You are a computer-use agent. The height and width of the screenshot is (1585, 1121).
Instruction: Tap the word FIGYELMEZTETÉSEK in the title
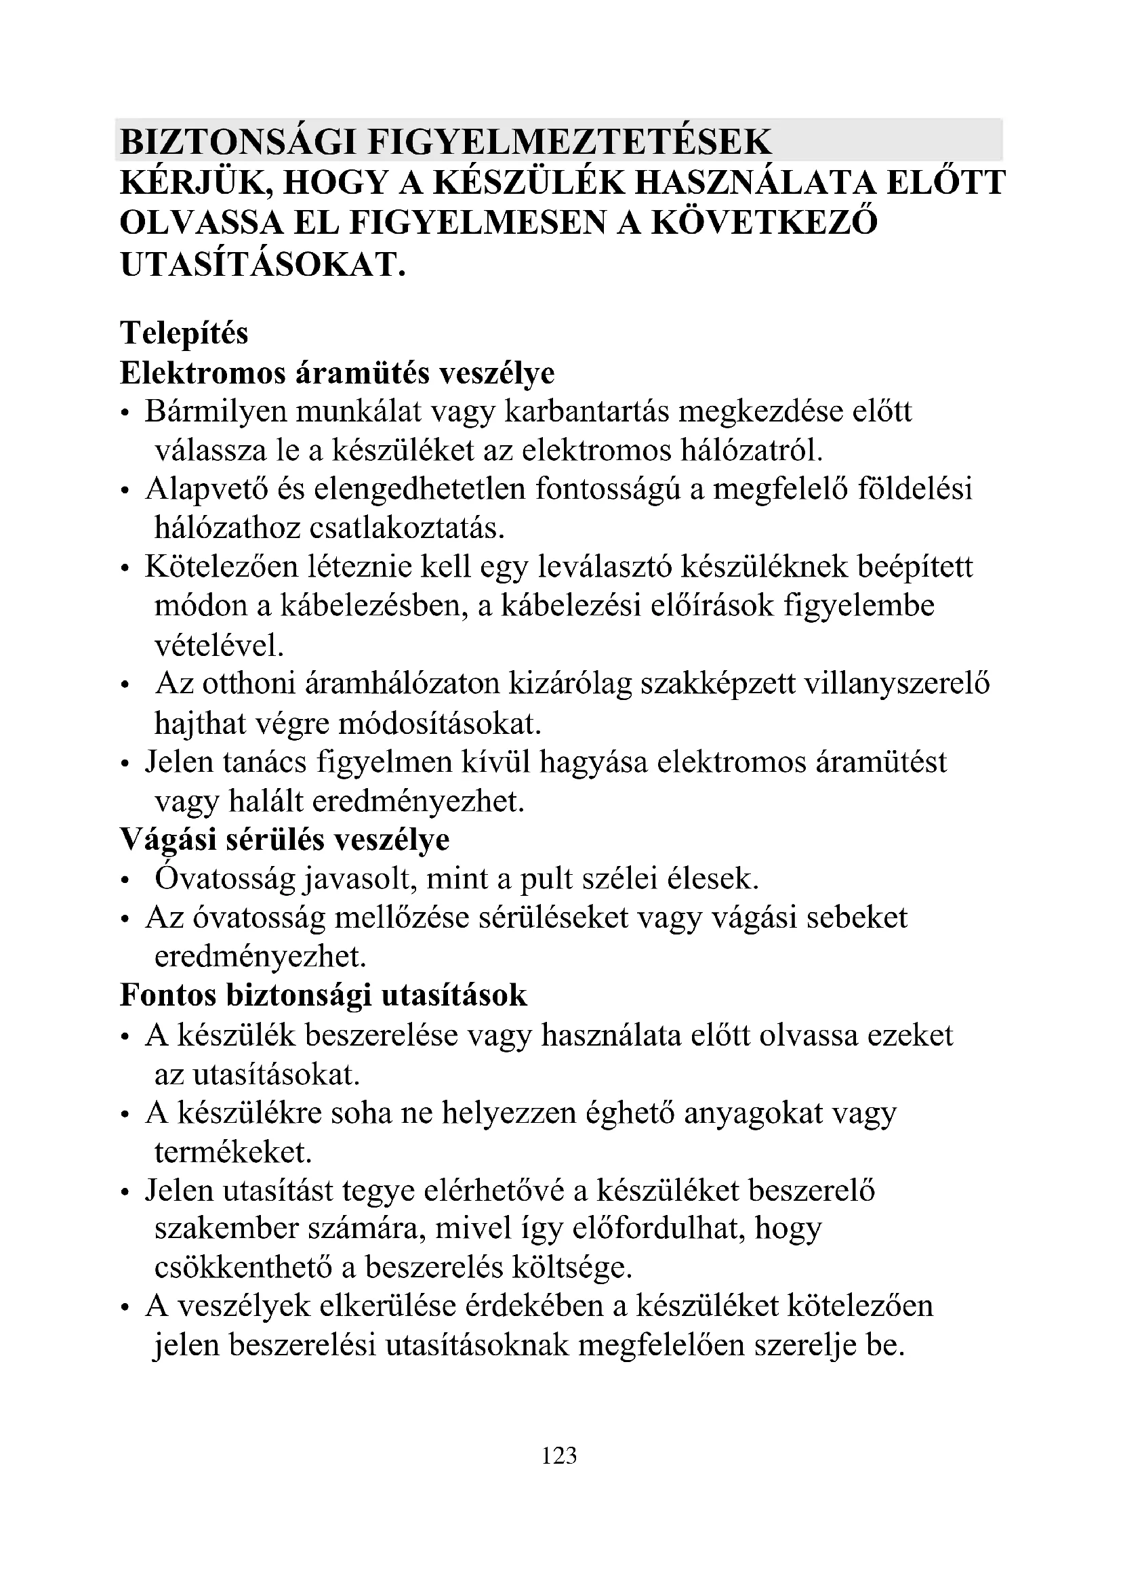[569, 142]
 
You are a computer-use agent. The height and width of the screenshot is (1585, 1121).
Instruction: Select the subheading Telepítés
[184, 333]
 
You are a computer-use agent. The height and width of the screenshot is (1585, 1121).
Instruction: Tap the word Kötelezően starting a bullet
[221, 567]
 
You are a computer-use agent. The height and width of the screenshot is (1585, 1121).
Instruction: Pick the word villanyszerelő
[897, 684]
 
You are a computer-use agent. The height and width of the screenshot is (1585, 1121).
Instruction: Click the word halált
[266, 802]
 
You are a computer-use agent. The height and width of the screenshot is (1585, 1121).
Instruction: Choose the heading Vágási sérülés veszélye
[285, 840]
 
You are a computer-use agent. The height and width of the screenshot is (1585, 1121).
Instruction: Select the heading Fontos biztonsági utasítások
[324, 995]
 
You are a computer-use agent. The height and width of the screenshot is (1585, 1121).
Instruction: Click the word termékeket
[232, 1152]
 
